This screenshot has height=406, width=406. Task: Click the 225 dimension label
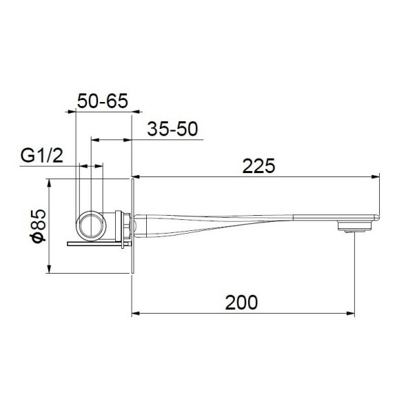(258, 165)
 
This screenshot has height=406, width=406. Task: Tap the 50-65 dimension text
(102, 101)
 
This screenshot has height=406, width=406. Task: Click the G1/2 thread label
(42, 155)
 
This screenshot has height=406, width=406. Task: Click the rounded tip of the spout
(378, 216)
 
